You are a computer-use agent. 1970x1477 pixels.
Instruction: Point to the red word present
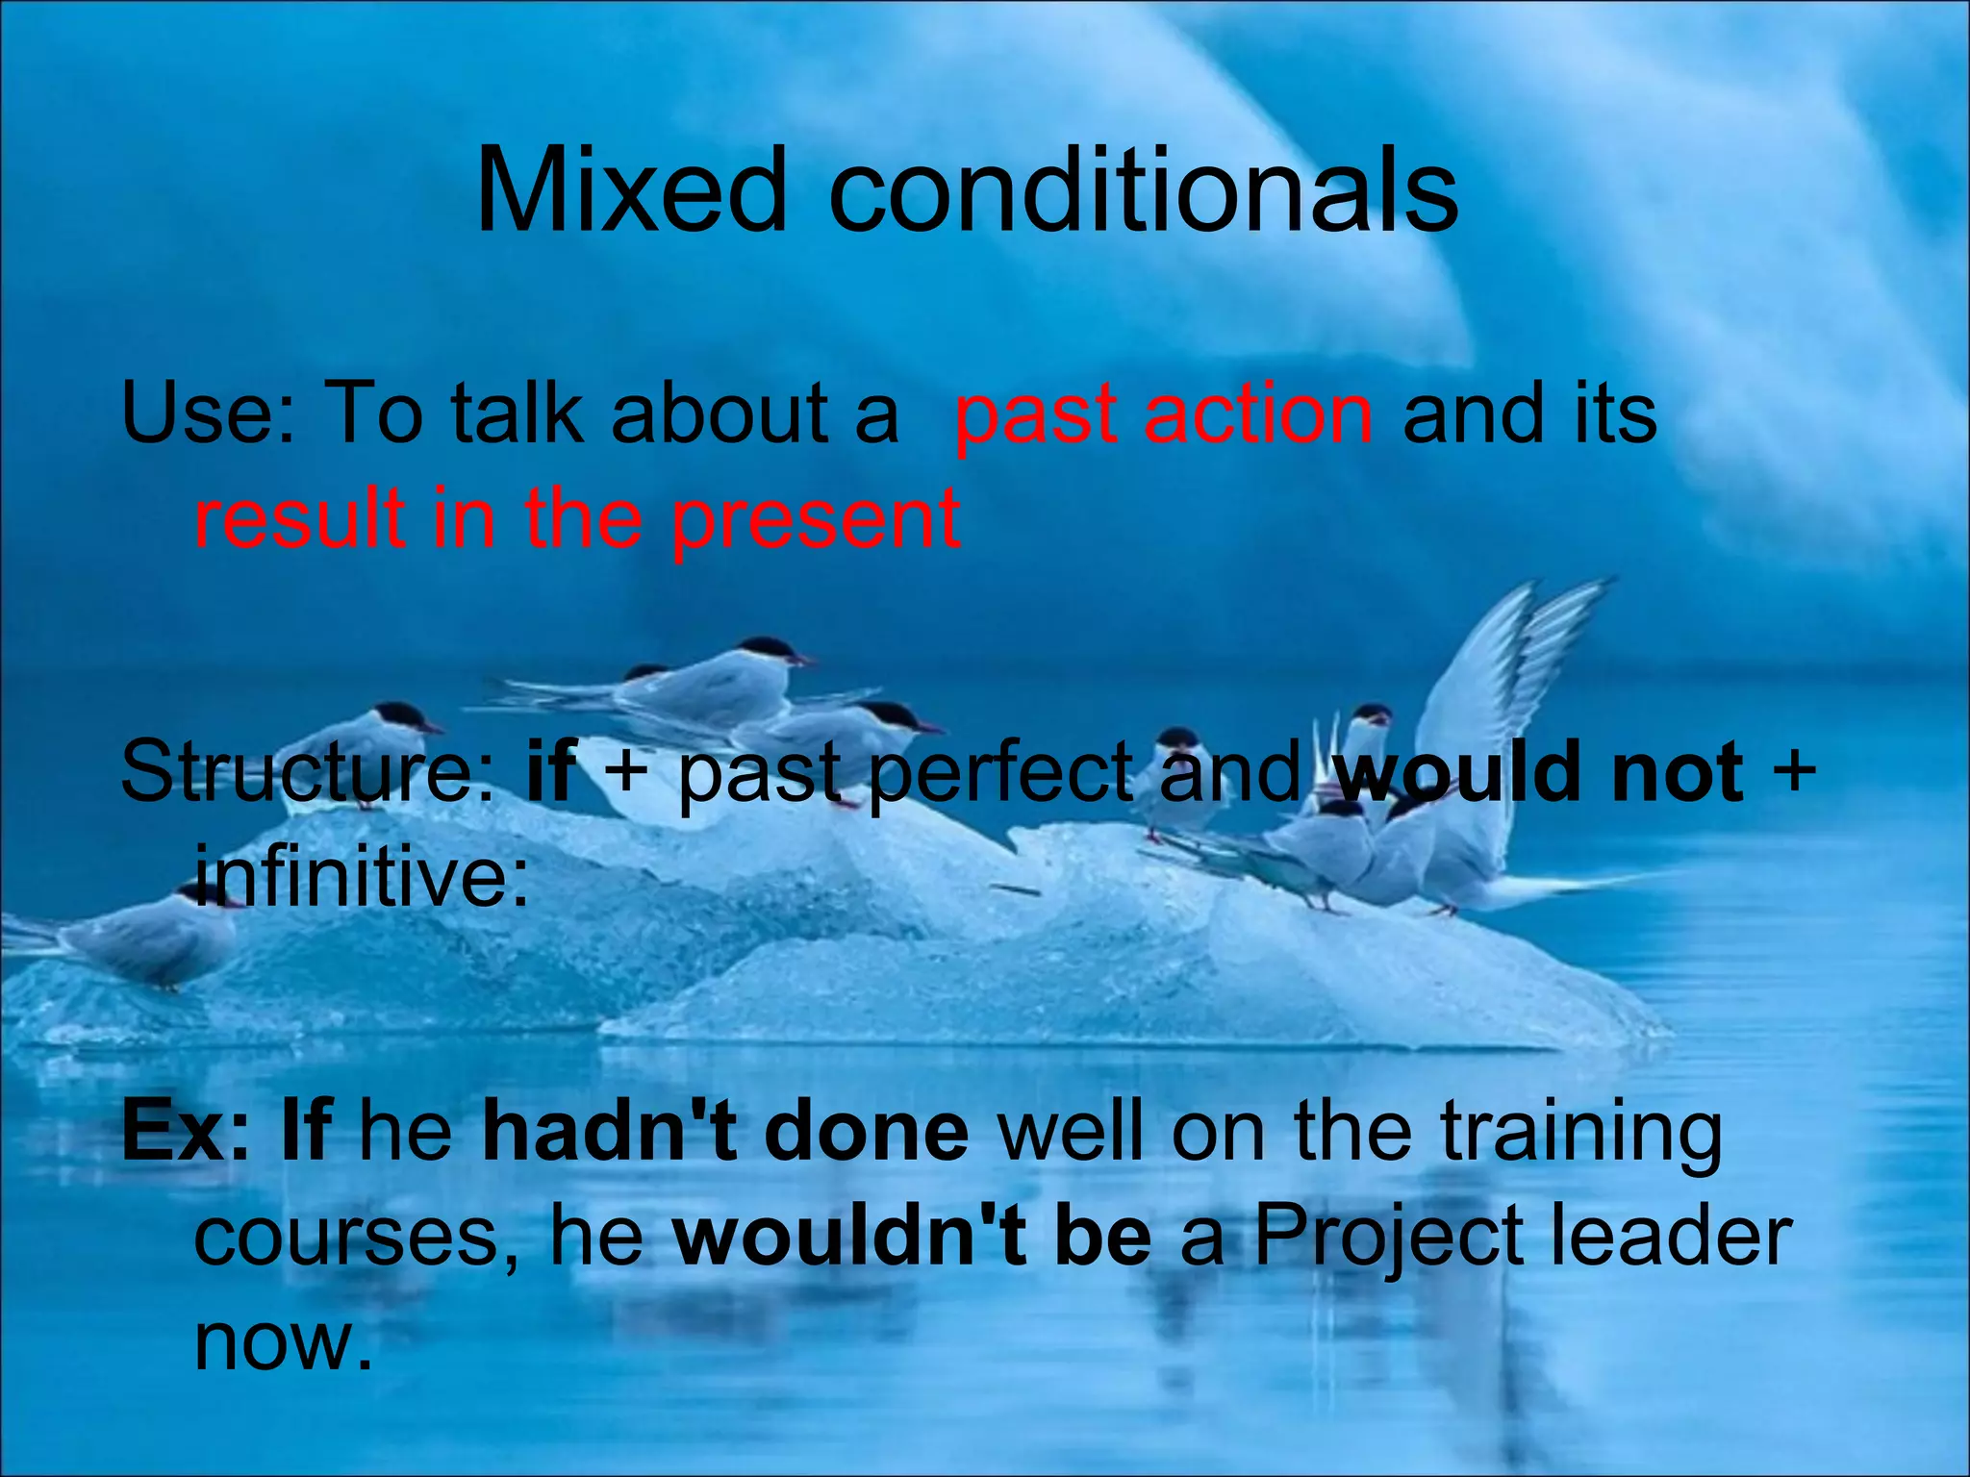[816, 520]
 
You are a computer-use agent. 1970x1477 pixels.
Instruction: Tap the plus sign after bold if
[627, 770]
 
